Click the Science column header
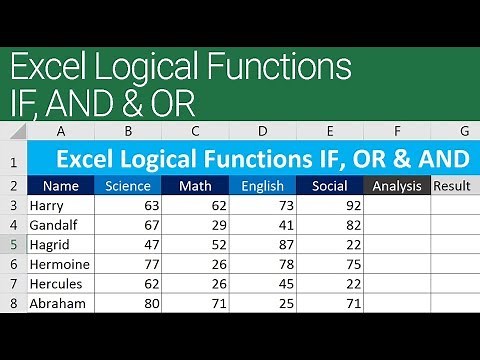[x=127, y=185]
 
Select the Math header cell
[x=195, y=185]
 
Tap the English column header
[x=262, y=185]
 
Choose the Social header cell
[x=329, y=185]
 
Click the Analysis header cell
[x=397, y=185]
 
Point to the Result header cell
[x=452, y=185]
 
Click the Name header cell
[x=61, y=185]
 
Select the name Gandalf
[x=54, y=225]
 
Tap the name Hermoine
[x=60, y=264]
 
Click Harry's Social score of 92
[x=351, y=205]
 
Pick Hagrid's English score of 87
[x=284, y=244]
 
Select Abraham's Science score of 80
[x=151, y=303]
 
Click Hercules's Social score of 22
[x=351, y=283]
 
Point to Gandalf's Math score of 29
[x=218, y=225]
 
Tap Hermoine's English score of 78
[x=284, y=264]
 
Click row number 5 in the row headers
[x=13, y=244]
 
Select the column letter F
[x=397, y=131]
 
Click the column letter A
[x=61, y=131]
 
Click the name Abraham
[x=57, y=303]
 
